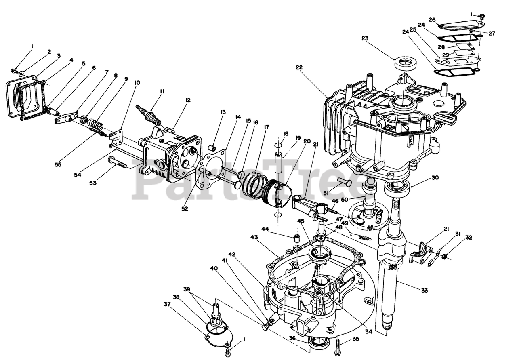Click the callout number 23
coord(365,39)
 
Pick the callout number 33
coord(424,290)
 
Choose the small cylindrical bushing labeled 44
coord(296,237)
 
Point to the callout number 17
coord(267,127)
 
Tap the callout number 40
coord(213,268)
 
